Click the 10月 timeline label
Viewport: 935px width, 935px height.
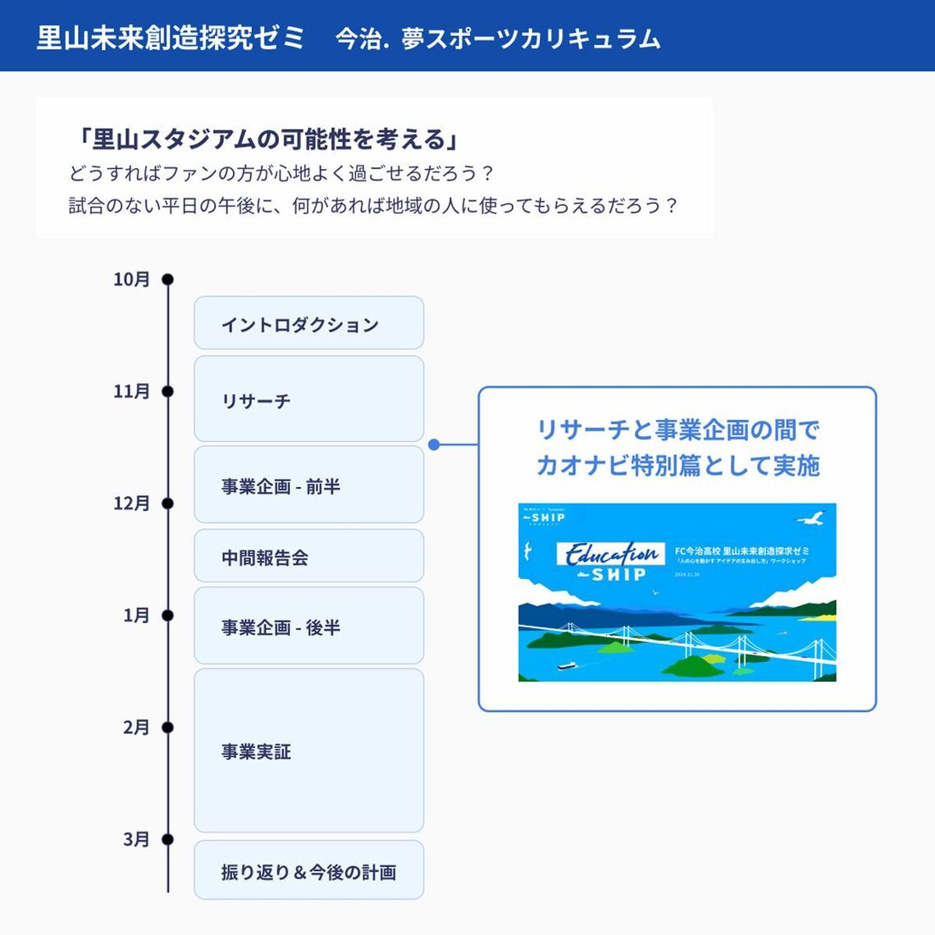(131, 280)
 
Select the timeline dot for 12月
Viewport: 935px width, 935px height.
(167, 503)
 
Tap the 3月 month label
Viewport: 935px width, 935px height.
(136, 839)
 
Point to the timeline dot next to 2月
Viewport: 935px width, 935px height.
(167, 727)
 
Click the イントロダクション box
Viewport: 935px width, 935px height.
(308, 323)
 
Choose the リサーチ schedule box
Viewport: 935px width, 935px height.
(308, 399)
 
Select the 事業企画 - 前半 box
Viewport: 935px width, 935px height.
(308, 486)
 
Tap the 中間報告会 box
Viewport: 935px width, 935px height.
(308, 557)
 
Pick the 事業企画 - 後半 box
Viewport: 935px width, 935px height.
(308, 627)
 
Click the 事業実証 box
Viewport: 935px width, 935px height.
(308, 750)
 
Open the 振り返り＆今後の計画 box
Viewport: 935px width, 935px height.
(308, 871)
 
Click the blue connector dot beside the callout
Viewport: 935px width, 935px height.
(434, 445)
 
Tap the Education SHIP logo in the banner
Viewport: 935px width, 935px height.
(610, 562)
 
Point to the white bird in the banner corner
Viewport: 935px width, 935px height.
(811, 518)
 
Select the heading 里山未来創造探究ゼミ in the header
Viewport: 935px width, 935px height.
(171, 38)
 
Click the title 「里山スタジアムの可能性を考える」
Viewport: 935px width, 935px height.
(266, 139)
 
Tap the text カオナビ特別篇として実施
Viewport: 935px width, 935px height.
(677, 465)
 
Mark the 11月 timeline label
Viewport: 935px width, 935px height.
(131, 391)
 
